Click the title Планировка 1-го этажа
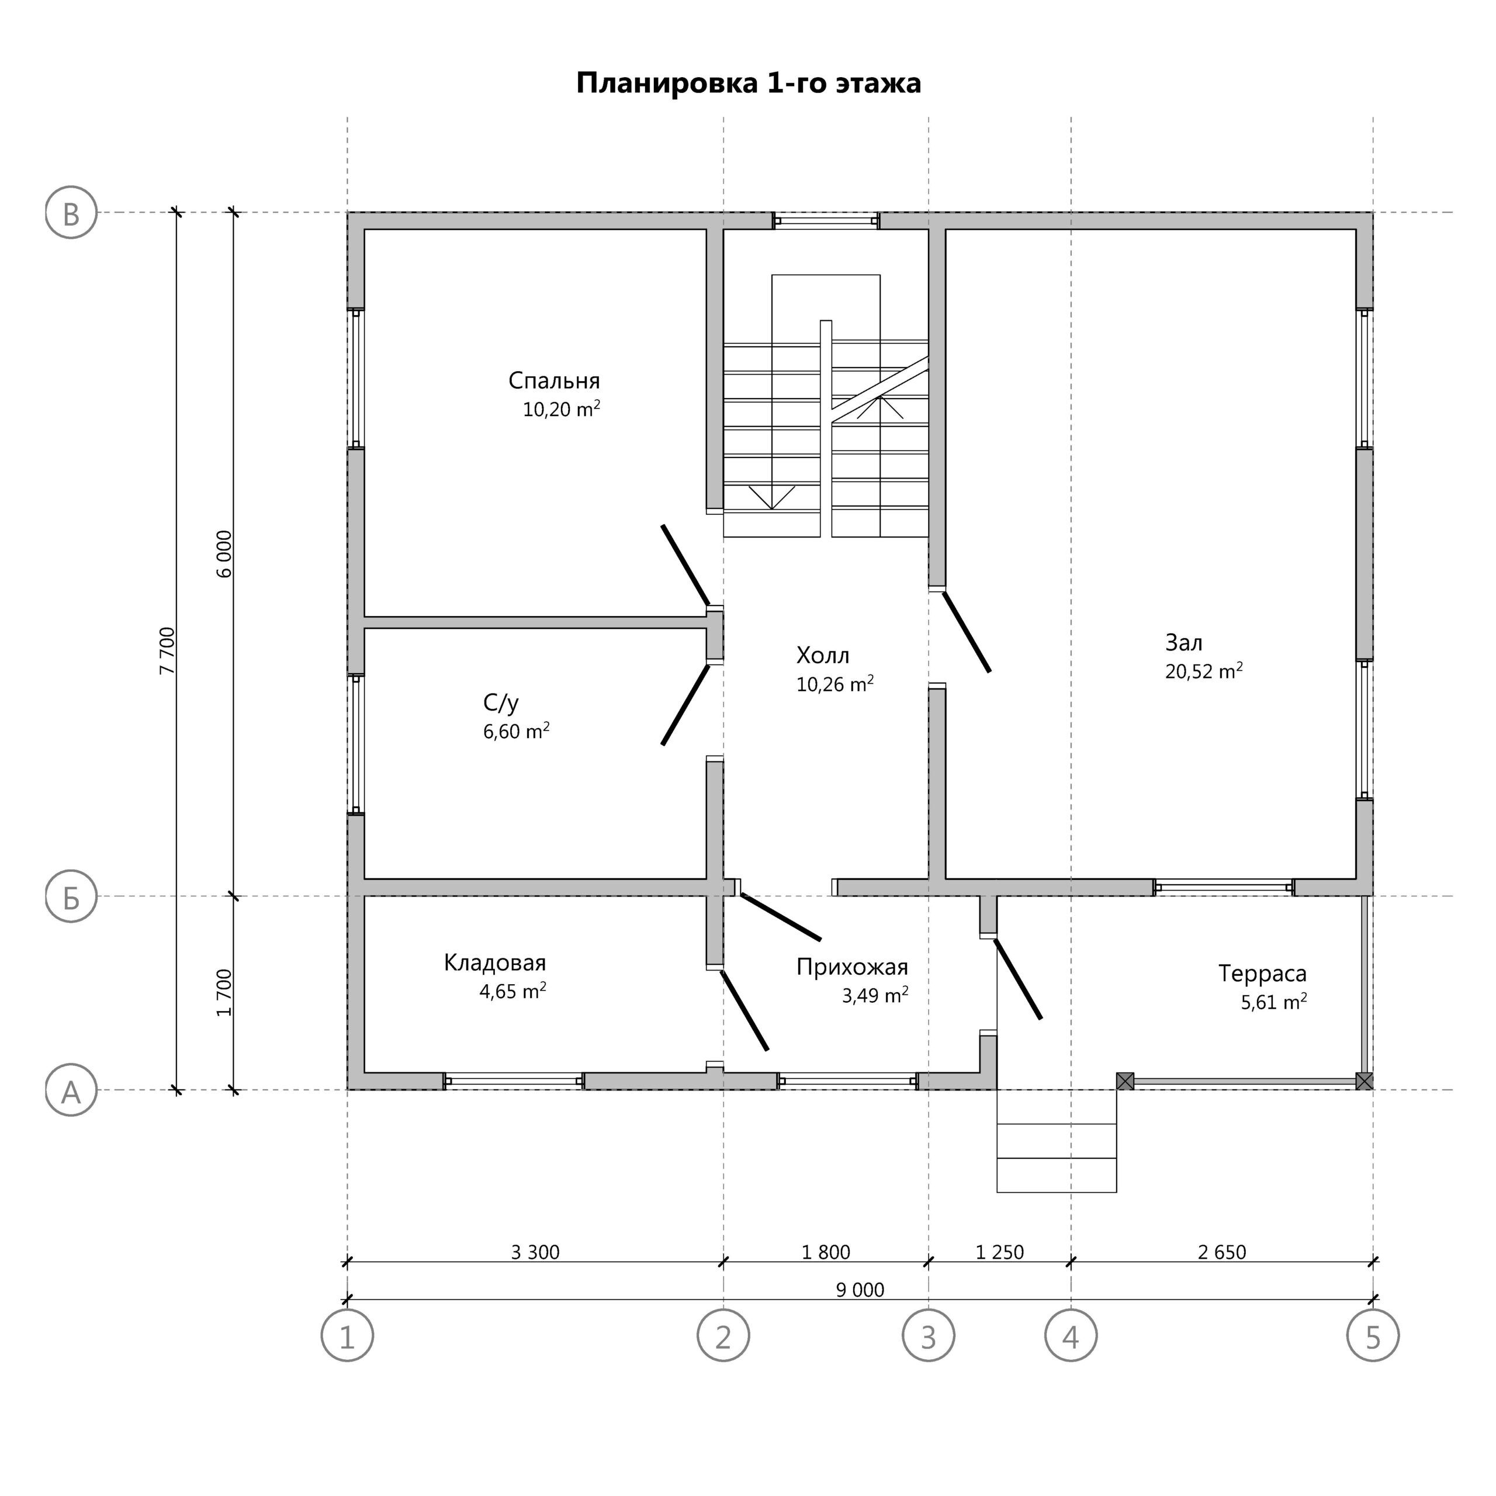pyautogui.click(x=748, y=83)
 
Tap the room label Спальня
pyautogui.click(x=555, y=381)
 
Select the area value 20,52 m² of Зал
pyautogui.click(x=1204, y=670)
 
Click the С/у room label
pyautogui.click(x=501, y=703)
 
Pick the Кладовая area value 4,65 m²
pyautogui.click(x=512, y=991)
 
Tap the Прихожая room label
pyautogui.click(x=852, y=967)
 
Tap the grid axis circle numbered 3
pyautogui.click(x=929, y=1335)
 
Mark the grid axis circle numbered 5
pyautogui.click(x=1373, y=1335)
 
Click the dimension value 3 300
pyautogui.click(x=535, y=1252)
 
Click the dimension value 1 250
pyautogui.click(x=1000, y=1252)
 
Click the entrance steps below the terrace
pyautogui.click(x=1056, y=1141)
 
